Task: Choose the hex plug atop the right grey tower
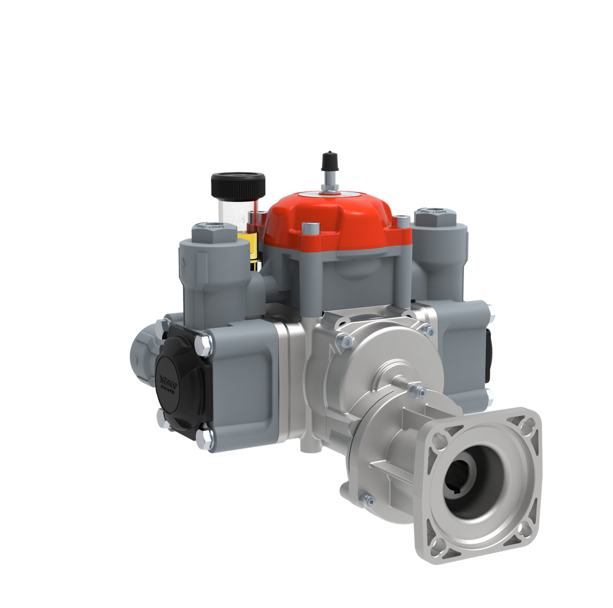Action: (433, 216)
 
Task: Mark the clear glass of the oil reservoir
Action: (230, 211)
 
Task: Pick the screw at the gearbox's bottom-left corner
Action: (367, 500)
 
